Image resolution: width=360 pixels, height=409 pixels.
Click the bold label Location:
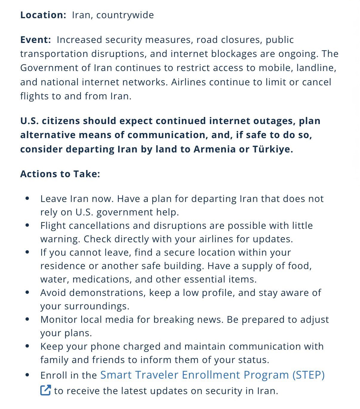click(x=43, y=15)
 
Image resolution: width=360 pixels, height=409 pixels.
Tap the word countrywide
click(x=125, y=15)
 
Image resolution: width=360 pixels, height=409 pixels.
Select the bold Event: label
click(x=36, y=40)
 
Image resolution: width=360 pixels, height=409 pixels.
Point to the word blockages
click(x=234, y=54)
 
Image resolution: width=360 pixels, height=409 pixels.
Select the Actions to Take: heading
click(x=60, y=174)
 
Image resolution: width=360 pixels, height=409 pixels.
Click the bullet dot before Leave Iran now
click(x=27, y=198)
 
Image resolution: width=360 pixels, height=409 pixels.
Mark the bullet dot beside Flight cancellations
click(x=27, y=225)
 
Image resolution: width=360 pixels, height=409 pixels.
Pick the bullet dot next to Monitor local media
click(x=27, y=319)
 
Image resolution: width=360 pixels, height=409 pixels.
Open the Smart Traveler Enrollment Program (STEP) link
click(x=212, y=375)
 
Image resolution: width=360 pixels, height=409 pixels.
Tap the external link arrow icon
click(x=45, y=391)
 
